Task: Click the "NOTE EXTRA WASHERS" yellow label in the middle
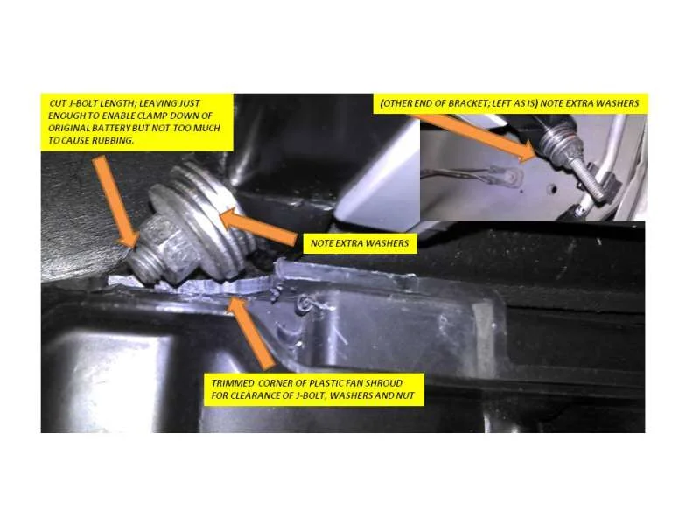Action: point(360,244)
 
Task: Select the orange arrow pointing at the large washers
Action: point(258,227)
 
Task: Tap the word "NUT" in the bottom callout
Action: point(406,396)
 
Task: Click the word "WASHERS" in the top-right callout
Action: point(618,103)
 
